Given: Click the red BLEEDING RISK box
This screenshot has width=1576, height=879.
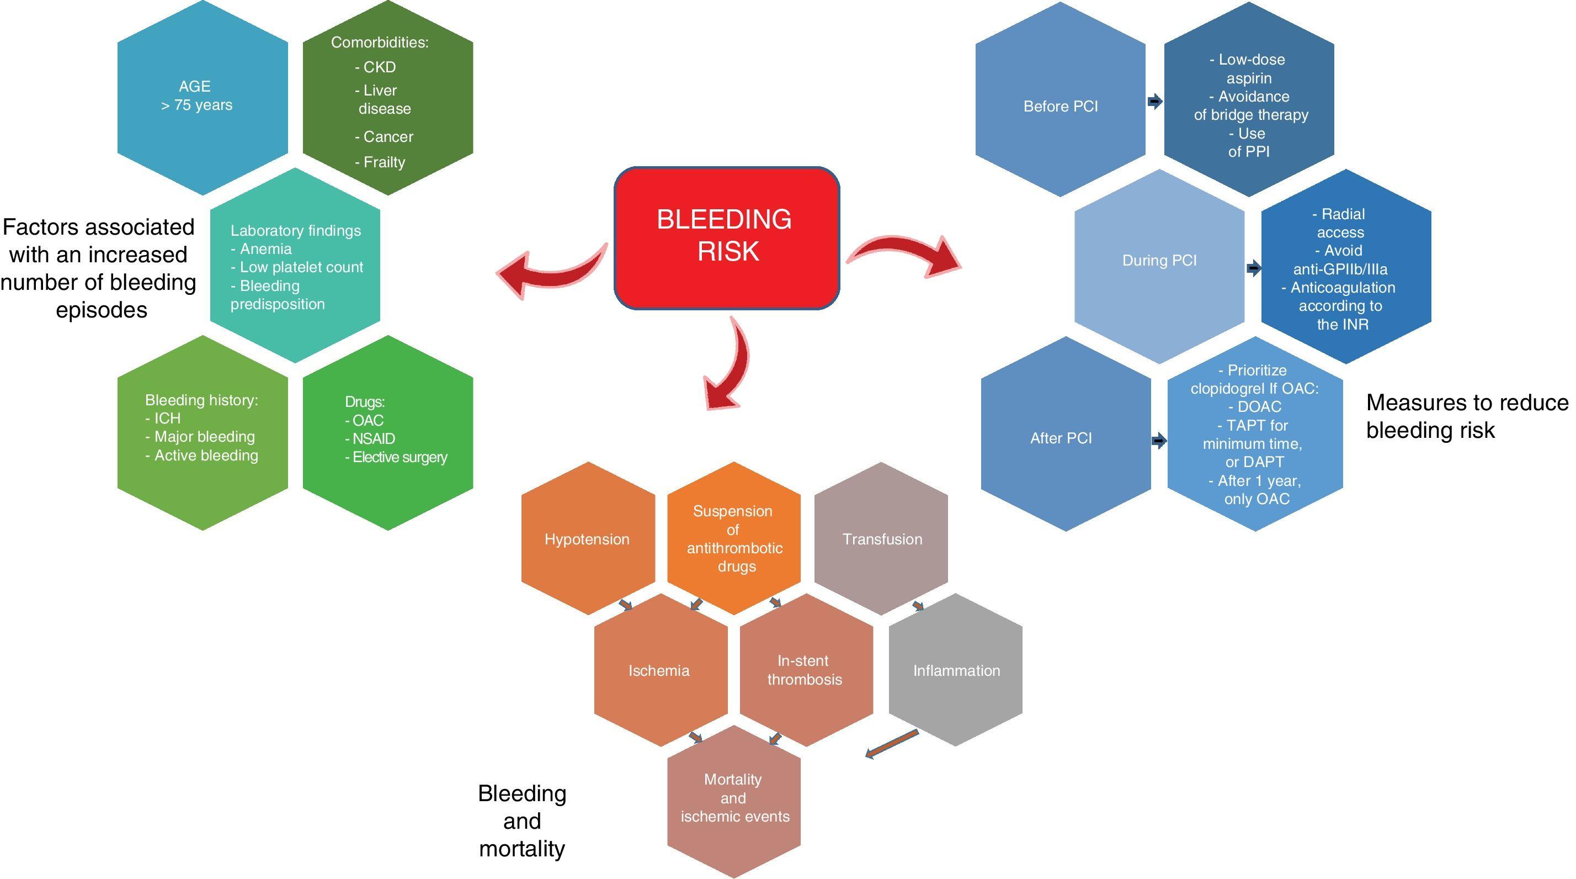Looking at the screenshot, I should [x=726, y=237].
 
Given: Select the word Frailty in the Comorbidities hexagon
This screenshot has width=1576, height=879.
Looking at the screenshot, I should [x=384, y=162].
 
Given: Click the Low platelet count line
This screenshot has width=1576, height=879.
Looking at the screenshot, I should [x=301, y=267].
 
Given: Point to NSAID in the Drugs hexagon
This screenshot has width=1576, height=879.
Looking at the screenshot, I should [x=373, y=439].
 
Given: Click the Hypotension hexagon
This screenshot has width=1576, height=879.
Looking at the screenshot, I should [x=587, y=539].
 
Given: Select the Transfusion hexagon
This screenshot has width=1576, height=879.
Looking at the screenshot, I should [x=882, y=539].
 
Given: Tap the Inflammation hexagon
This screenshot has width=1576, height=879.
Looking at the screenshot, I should [x=956, y=670].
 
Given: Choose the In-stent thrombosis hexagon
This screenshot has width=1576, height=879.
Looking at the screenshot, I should [x=805, y=670].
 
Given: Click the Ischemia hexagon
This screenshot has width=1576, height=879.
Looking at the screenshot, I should [x=659, y=670].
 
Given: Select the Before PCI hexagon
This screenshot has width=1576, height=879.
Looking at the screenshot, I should [x=1060, y=107].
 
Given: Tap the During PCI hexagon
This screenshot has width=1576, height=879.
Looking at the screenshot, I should [x=1159, y=261].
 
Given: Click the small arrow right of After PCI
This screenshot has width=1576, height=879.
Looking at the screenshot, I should [x=1159, y=441].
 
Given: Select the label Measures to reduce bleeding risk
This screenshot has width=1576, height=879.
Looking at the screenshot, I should [x=1467, y=416].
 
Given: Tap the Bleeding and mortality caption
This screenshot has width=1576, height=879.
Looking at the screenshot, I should [x=522, y=821].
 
